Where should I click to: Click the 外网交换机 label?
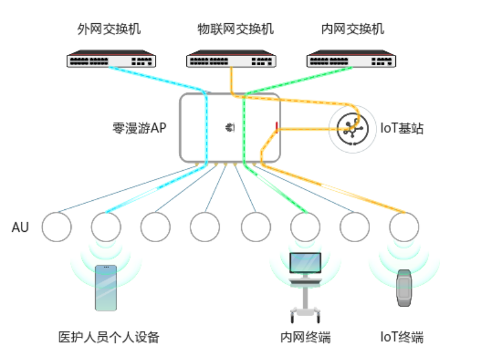[109, 29]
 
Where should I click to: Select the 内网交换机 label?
[353, 29]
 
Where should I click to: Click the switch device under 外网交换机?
[111, 59]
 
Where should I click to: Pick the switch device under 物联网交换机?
[231, 59]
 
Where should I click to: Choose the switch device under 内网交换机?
[351, 59]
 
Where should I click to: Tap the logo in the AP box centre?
[230, 127]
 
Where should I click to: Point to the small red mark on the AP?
[276, 126]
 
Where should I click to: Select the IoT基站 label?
[402, 129]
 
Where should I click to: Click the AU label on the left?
[20, 228]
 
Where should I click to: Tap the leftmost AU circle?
[56, 227]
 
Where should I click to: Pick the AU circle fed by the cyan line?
[106, 227]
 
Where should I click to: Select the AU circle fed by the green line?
[305, 227]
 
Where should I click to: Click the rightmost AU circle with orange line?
[404, 227]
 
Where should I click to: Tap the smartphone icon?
[106, 287]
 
